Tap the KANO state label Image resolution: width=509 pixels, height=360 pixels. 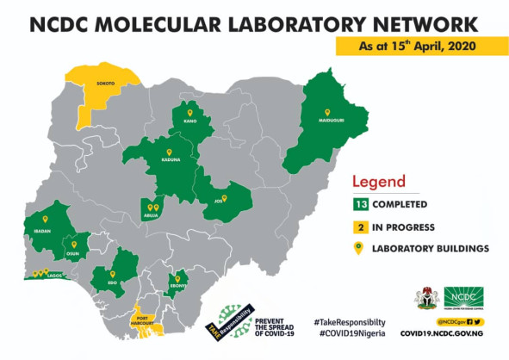(x=191, y=121)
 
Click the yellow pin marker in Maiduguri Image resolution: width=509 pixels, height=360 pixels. (x=327, y=112)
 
